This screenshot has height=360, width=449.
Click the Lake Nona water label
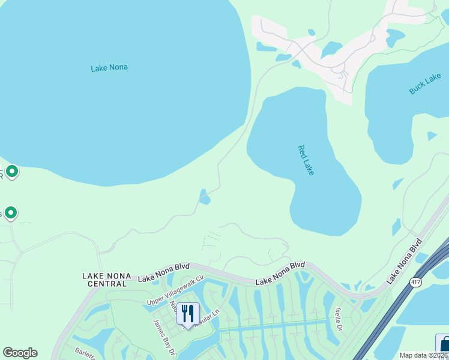[x=109, y=68]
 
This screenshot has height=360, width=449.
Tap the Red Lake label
[x=307, y=160]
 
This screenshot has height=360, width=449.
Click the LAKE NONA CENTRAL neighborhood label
[x=106, y=279]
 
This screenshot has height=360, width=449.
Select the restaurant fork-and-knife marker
[x=188, y=314]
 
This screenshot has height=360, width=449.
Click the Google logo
[x=20, y=353]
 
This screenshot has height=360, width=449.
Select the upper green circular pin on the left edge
[x=11, y=172]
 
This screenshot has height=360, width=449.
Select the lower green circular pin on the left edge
[x=10, y=212]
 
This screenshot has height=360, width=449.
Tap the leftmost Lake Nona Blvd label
[x=164, y=275]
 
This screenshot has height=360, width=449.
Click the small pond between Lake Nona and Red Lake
[x=205, y=197]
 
